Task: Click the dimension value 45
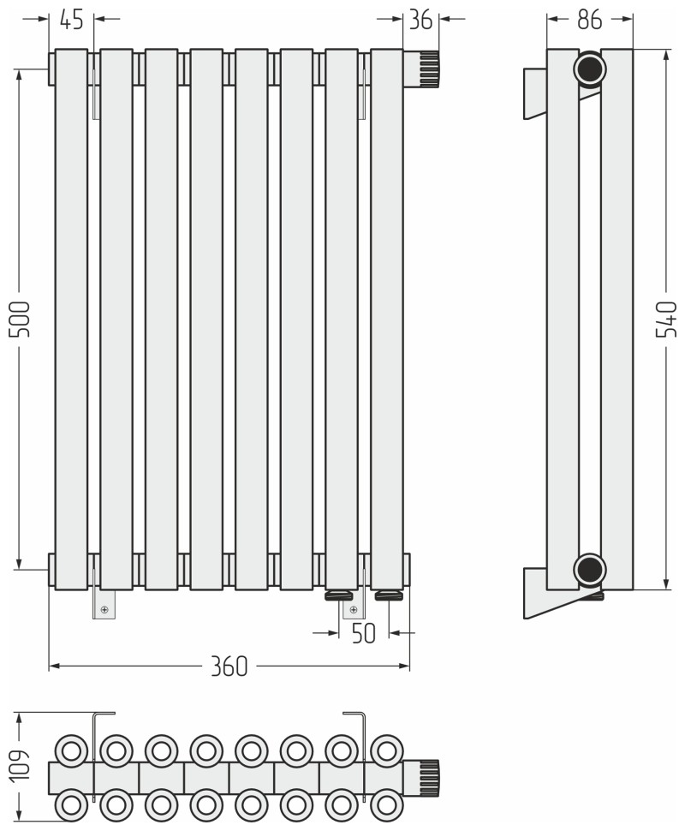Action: [72, 20]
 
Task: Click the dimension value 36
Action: [420, 20]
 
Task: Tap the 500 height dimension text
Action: [21, 319]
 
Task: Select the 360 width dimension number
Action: [229, 667]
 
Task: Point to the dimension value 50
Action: [363, 633]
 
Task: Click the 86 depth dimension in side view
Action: [590, 20]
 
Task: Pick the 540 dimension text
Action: [666, 319]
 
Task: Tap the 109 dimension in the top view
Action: [21, 764]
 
